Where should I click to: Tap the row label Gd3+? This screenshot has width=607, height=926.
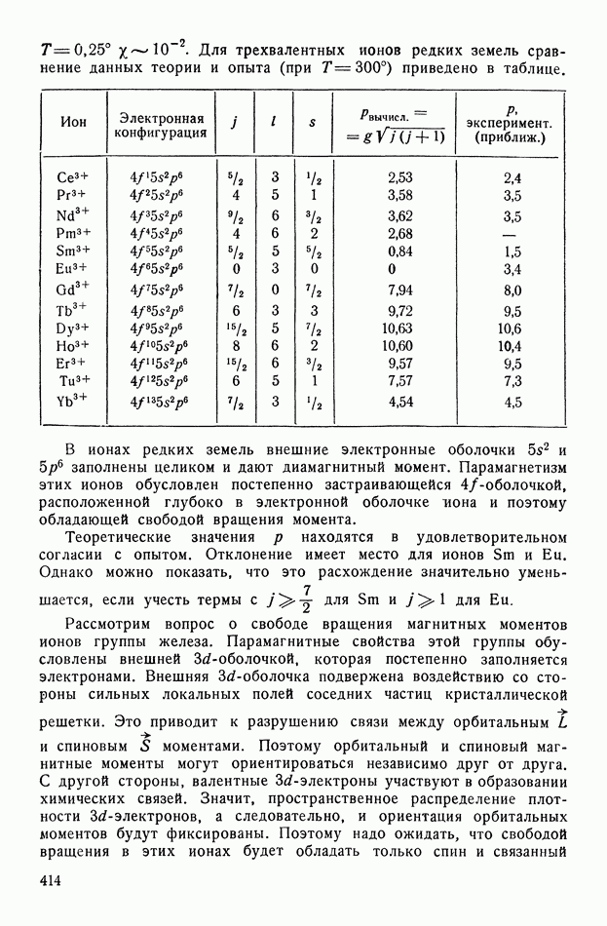pyautogui.click(x=73, y=289)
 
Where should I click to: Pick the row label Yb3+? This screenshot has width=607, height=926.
pyautogui.click(x=73, y=401)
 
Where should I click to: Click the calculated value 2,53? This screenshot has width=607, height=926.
pyautogui.click(x=399, y=178)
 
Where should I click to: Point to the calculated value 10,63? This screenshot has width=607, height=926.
pyautogui.click(x=399, y=328)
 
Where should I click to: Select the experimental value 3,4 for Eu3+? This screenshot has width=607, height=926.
pyautogui.click(x=512, y=268)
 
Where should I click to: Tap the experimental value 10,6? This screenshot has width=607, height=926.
pyautogui.click(x=511, y=328)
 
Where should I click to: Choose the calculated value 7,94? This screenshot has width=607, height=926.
pyautogui.click(x=399, y=290)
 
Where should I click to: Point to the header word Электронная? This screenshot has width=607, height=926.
pyautogui.click(x=161, y=115)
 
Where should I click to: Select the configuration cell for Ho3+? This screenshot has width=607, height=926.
pyautogui.click(x=161, y=345)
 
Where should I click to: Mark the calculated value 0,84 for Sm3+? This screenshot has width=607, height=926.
pyautogui.click(x=399, y=251)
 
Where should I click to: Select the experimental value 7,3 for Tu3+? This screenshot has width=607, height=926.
pyautogui.click(x=512, y=380)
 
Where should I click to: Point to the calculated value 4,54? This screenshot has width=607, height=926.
pyautogui.click(x=399, y=401)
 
